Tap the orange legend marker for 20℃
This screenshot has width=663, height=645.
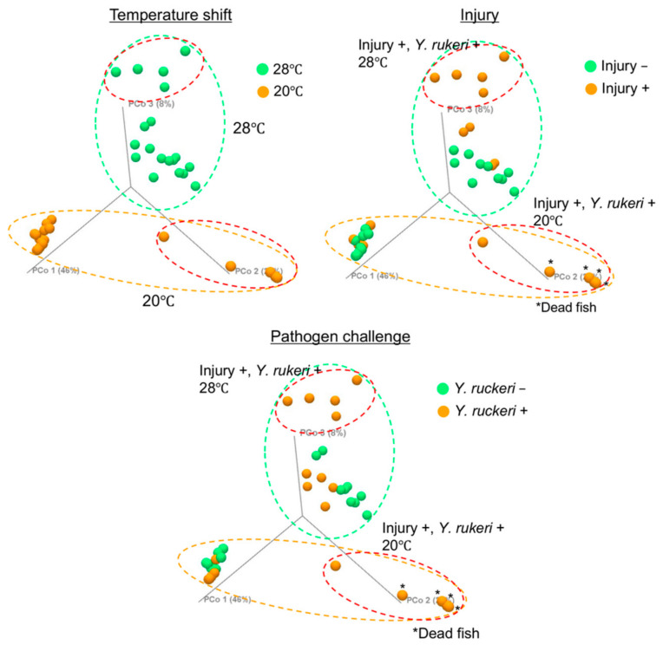tap(263, 88)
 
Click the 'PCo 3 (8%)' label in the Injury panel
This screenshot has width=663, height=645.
tap(469, 110)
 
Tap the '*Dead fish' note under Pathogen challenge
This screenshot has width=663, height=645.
tap(446, 634)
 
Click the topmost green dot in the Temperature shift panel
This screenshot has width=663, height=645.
tap(185, 51)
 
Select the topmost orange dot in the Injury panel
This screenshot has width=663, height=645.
tap(503, 56)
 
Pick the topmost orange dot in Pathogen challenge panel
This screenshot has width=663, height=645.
tap(356, 381)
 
